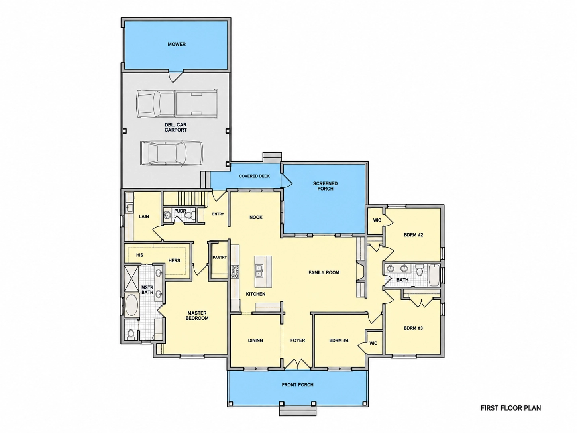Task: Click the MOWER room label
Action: pyautogui.click(x=177, y=44)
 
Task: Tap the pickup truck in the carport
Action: pyautogui.click(x=177, y=104)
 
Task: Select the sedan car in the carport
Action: pyautogui.click(x=172, y=153)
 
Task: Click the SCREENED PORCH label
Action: pyautogui.click(x=325, y=186)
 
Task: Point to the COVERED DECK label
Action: pyautogui.click(x=254, y=176)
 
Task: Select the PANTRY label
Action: pyautogui.click(x=220, y=258)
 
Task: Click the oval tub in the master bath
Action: pyautogui.click(x=131, y=305)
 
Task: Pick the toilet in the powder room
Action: pyautogui.click(x=189, y=215)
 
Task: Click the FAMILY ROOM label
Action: pyautogui.click(x=324, y=272)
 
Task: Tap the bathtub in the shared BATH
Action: pyautogui.click(x=434, y=275)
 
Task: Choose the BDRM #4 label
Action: pyautogui.click(x=339, y=340)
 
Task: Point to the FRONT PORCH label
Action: pyautogui.click(x=298, y=385)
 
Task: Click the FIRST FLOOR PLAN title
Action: pyautogui.click(x=511, y=408)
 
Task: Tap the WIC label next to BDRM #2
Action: pyautogui.click(x=377, y=220)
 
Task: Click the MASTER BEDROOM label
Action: pyautogui.click(x=197, y=315)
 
